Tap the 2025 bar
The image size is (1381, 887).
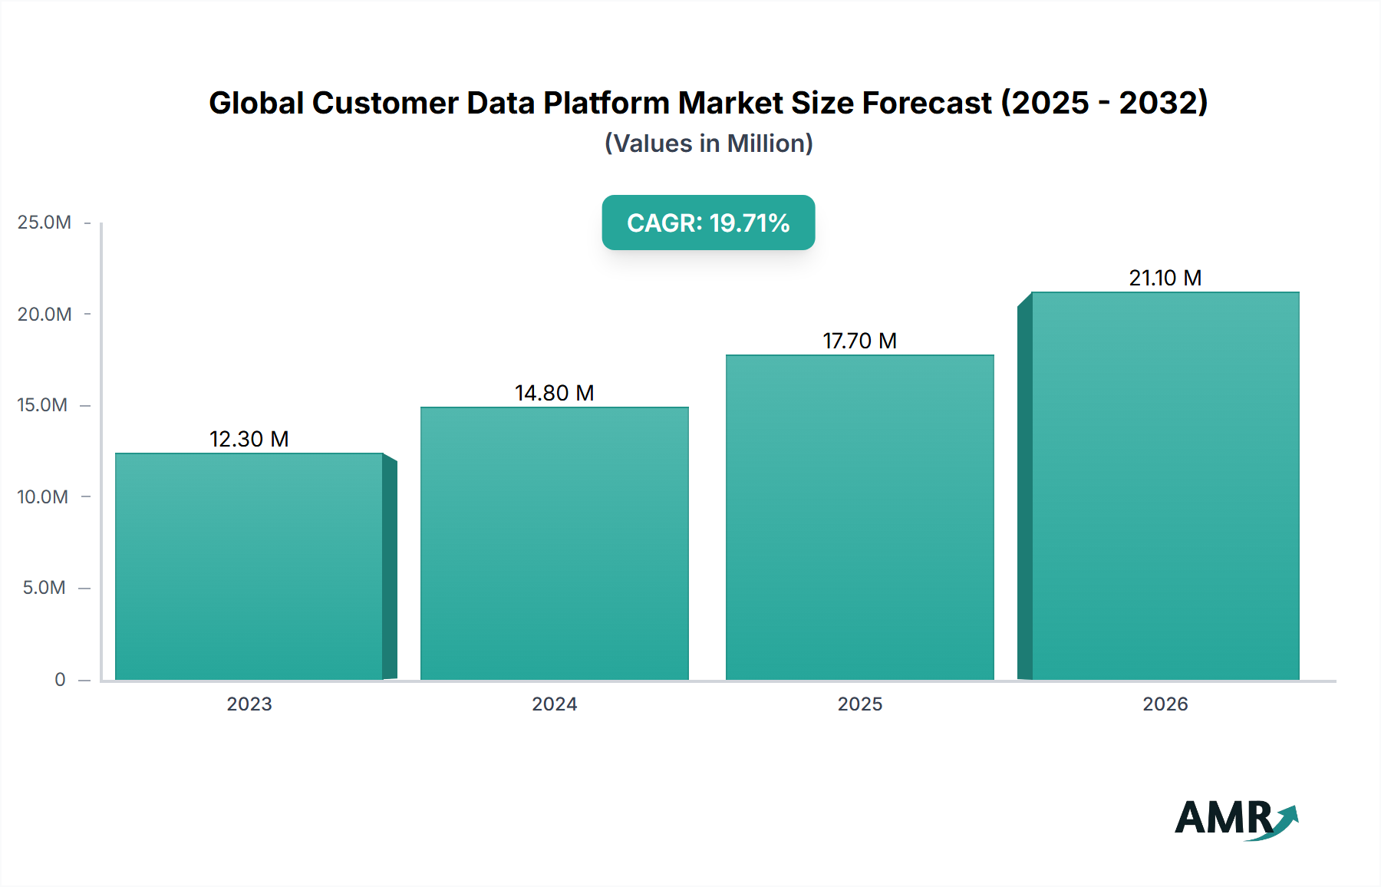[x=860, y=517]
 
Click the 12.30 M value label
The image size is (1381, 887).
[x=249, y=439]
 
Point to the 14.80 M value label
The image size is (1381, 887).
[x=555, y=393]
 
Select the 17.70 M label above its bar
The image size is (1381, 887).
[x=860, y=341]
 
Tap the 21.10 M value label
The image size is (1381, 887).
[x=1165, y=278]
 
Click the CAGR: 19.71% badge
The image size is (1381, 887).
[x=708, y=223]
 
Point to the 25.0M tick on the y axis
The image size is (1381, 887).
[x=44, y=223]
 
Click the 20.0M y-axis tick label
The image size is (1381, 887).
[x=44, y=314]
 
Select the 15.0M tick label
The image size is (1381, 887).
[x=43, y=405]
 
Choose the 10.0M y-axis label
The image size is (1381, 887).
[x=43, y=496]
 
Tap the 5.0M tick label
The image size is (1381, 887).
[x=44, y=588]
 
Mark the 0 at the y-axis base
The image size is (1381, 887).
[x=60, y=679]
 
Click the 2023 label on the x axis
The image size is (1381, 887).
[x=249, y=704]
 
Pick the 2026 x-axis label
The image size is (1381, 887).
[x=1165, y=704]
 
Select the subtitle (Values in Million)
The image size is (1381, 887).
[x=708, y=143]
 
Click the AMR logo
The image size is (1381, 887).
[x=1235, y=818]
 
